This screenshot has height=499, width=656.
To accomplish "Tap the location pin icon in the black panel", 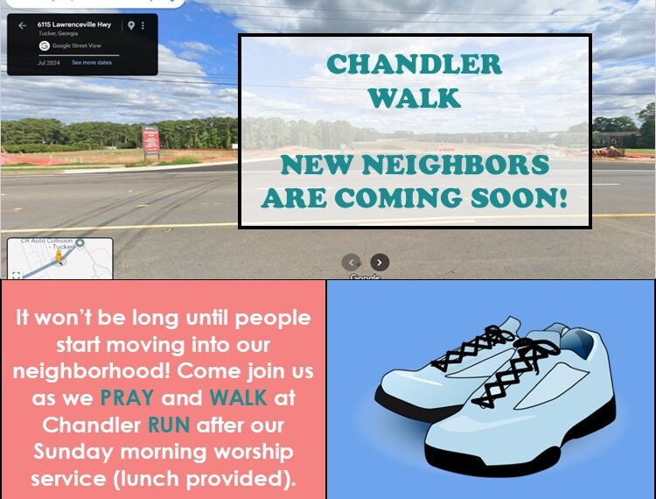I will click(131, 25).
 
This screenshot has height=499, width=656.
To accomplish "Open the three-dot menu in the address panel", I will click(143, 25).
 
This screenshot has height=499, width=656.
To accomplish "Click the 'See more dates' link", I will click(92, 63).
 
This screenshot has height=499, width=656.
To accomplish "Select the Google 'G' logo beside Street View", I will click(44, 46).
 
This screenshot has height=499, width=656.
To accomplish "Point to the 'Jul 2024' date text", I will click(47, 63).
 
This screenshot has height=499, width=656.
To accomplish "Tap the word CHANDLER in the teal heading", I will click(415, 64).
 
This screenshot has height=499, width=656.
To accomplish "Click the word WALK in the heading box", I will click(415, 97).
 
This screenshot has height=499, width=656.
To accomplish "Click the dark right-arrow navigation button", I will click(379, 262).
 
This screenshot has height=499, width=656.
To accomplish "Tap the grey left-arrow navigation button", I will click(351, 262).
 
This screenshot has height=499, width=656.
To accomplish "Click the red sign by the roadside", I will click(151, 140).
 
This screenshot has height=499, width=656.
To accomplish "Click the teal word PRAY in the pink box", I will click(127, 397).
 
